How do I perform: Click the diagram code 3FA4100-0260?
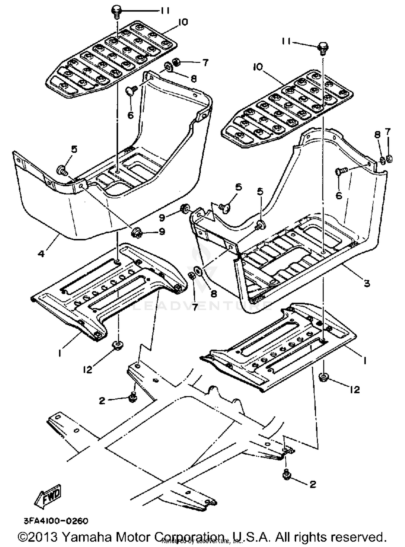[56, 521]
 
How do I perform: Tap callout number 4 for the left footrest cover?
[41, 254]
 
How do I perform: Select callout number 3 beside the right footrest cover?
[367, 283]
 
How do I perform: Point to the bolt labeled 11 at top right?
[323, 48]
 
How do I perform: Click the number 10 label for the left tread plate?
[183, 22]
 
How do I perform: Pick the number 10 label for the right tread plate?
[258, 67]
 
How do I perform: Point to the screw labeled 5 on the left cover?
[61, 171]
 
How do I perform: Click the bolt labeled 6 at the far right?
[341, 171]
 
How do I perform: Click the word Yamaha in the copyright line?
[86, 537]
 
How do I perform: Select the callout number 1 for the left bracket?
[59, 353]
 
